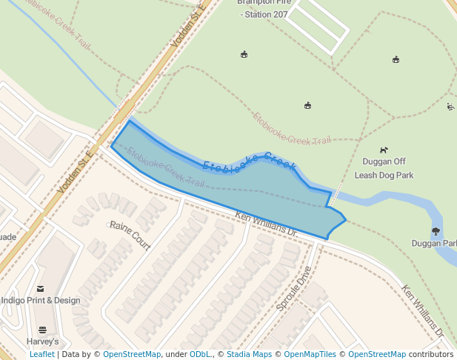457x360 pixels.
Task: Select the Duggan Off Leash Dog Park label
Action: pyautogui.click(x=384, y=168)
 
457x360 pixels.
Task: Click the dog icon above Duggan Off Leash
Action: pyautogui.click(x=384, y=150)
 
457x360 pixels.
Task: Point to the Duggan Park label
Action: pyautogui.click(x=435, y=243)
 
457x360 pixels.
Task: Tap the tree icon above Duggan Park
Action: pyautogui.click(x=436, y=231)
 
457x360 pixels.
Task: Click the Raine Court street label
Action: pyautogui.click(x=130, y=235)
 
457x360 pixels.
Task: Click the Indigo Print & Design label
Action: pyautogui.click(x=41, y=300)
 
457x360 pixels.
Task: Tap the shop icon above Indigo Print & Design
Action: pyautogui.click(x=40, y=288)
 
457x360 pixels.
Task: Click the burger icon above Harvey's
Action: pyautogui.click(x=42, y=330)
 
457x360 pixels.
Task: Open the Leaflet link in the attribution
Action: pyautogui.click(x=41, y=354)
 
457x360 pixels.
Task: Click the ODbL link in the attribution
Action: pyautogui.click(x=200, y=354)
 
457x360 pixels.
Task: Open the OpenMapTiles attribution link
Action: pyautogui.click(x=311, y=354)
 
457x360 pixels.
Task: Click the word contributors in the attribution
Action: pyautogui.click(x=431, y=354)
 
